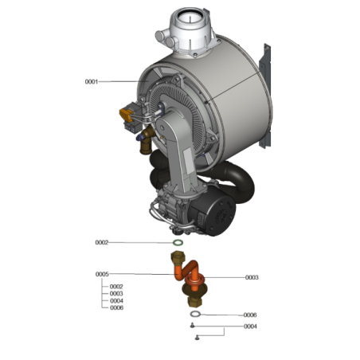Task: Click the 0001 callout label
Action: point(91,81)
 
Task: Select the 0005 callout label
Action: point(102,274)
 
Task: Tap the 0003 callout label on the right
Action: point(252,277)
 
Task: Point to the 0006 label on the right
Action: point(250,315)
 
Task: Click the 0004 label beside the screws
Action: point(250,327)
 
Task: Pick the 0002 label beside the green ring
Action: point(102,242)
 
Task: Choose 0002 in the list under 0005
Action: point(116,286)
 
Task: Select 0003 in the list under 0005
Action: point(116,293)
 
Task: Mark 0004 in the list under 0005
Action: point(116,300)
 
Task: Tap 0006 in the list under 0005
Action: point(116,307)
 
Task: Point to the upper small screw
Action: point(192,327)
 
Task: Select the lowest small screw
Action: point(196,338)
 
